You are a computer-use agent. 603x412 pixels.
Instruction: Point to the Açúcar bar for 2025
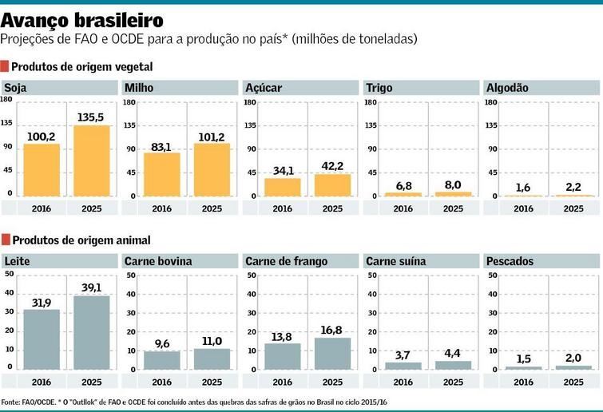point(332,184)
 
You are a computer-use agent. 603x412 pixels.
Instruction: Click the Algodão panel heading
point(506,88)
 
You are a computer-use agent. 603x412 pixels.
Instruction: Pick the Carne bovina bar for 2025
point(212,359)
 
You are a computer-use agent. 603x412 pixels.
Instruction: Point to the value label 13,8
point(282,336)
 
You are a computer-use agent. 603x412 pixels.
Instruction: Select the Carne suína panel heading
point(395,261)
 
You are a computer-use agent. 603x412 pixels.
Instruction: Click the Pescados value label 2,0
point(573,359)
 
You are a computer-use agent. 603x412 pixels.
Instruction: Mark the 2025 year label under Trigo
point(453,208)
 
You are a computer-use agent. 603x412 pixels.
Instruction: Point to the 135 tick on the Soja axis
point(6,123)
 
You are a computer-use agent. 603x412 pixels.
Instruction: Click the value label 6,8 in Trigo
point(403,186)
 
